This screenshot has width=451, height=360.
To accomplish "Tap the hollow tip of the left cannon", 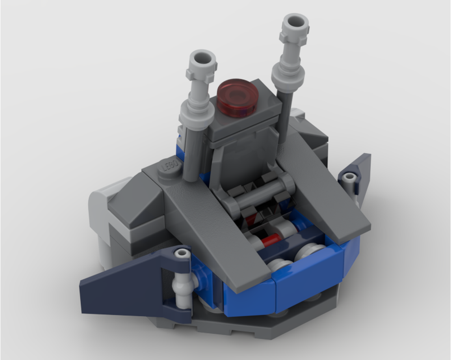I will (202, 58).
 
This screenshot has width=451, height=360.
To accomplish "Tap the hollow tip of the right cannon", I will (295, 21).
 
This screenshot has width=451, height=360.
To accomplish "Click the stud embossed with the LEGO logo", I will (170, 168).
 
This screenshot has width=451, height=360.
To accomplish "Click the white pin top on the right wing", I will (348, 178).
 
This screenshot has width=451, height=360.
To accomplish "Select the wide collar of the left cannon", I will (197, 110).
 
